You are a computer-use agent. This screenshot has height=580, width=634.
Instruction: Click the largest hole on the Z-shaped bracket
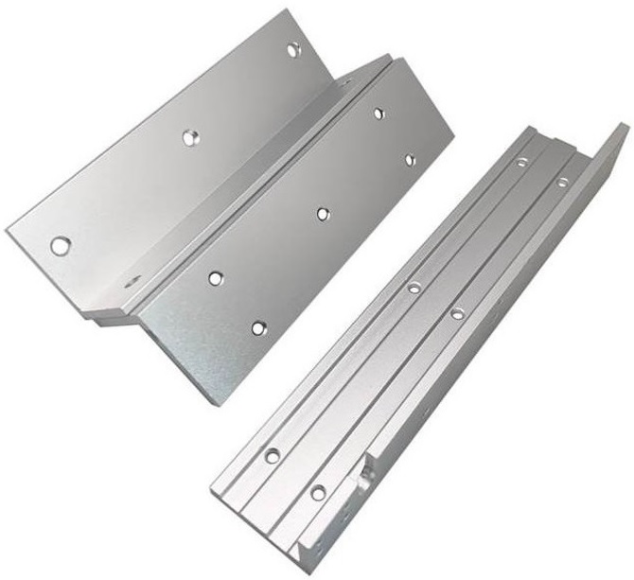pos(61,246)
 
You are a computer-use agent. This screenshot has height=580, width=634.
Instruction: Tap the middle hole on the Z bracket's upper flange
pos(190,138)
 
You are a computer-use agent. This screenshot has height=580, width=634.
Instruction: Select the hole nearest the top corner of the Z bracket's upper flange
pos(293,48)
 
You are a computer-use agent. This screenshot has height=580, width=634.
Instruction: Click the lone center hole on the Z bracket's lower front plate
pos(323,214)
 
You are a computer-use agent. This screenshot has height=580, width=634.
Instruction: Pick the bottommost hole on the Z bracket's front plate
pos(258,328)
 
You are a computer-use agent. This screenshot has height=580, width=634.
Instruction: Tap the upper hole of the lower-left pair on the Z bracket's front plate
pos(216,278)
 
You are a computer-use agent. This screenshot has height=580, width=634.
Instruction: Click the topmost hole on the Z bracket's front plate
pos(379,114)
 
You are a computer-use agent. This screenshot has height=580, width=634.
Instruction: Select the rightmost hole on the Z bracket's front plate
pos(411,160)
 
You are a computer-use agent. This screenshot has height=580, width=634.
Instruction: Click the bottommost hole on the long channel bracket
pos(318,492)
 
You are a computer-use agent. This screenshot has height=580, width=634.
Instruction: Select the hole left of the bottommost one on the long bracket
pos(273,456)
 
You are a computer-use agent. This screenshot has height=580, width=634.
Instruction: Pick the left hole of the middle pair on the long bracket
pos(414,287)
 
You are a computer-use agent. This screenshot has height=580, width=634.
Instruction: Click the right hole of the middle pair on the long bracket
pos(457,313)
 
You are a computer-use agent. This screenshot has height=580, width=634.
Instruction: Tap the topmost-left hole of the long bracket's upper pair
pos(521,163)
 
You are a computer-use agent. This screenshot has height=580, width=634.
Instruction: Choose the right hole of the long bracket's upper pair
pos(562,182)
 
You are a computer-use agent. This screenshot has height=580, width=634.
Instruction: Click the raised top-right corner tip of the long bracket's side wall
pos(622,127)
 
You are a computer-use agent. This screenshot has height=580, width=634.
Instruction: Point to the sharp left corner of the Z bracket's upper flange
pos(8,230)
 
